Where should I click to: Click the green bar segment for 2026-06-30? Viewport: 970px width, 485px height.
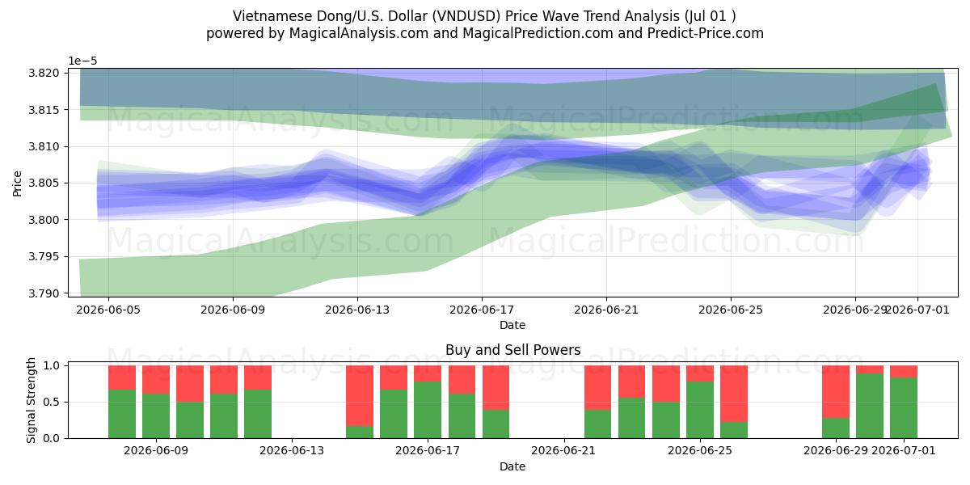point(870,406)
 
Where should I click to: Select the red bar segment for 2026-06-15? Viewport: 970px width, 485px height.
point(360,396)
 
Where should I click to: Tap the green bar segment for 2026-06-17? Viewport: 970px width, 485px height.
point(428,410)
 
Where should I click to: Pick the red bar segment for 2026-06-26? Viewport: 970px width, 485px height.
point(734,394)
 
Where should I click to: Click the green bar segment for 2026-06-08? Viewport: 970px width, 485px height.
point(122,414)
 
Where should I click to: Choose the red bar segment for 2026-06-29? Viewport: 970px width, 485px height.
point(836,392)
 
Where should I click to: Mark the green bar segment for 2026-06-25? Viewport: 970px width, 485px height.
point(700,410)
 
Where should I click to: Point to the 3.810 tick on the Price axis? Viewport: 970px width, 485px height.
point(65,147)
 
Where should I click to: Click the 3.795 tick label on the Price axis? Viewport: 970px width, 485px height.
point(44,257)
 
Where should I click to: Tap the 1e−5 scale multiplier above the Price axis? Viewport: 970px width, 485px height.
point(83,61)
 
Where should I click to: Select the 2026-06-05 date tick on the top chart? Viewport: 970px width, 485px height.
point(108,310)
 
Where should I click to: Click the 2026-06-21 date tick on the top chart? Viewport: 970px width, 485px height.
point(606,310)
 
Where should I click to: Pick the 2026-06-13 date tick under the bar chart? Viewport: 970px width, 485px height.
point(292,451)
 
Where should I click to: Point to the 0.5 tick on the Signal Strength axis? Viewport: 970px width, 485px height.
point(65,402)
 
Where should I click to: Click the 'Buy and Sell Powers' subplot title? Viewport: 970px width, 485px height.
point(512,350)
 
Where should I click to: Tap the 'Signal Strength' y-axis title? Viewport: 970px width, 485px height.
point(31,401)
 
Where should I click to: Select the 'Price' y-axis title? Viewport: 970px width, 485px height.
point(17,183)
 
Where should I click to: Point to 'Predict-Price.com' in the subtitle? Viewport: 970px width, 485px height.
point(706,33)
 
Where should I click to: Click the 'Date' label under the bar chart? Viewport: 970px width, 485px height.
point(512,467)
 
